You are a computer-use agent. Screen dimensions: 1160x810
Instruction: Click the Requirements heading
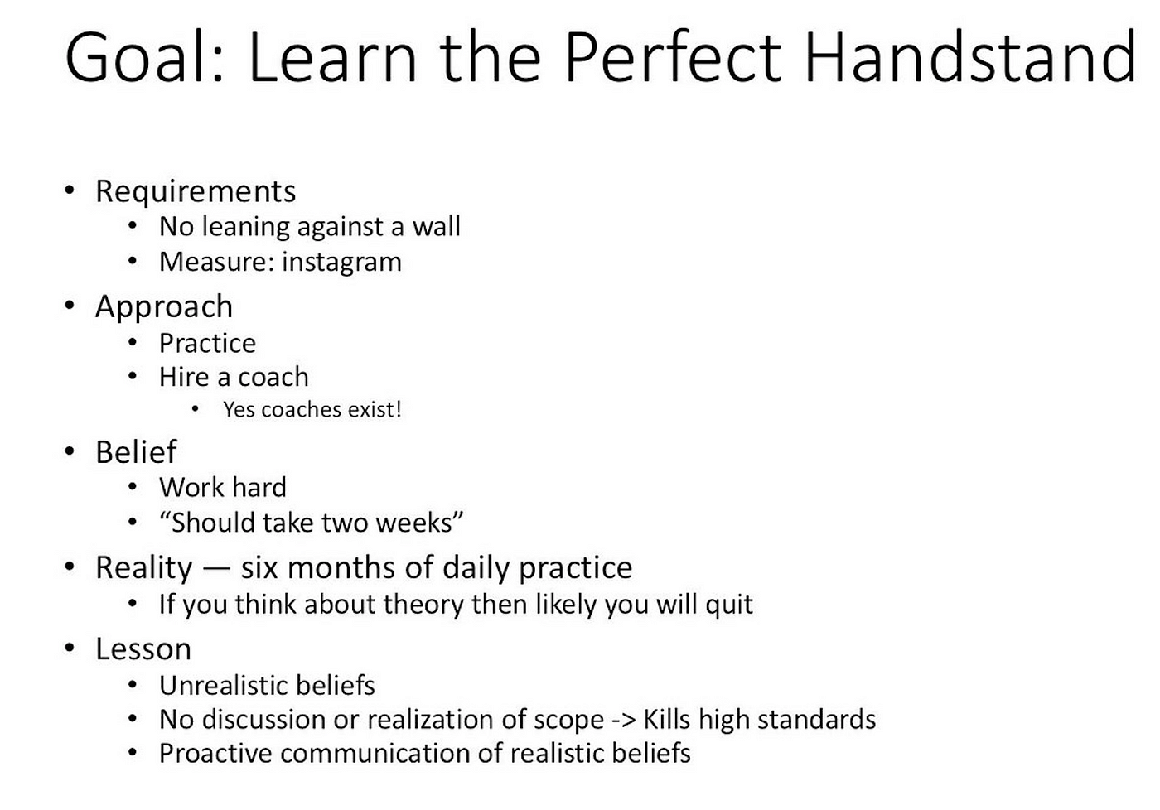(x=196, y=192)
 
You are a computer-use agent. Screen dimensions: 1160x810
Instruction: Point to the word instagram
(x=341, y=263)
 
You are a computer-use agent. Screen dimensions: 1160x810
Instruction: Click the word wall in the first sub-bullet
(x=436, y=227)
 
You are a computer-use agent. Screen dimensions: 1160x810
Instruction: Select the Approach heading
(x=164, y=307)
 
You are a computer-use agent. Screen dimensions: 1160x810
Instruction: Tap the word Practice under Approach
(x=208, y=343)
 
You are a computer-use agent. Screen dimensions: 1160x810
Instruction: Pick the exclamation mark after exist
(x=399, y=409)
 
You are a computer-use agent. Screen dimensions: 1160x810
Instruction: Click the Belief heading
(x=136, y=452)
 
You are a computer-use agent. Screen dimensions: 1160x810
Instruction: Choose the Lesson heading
(x=143, y=649)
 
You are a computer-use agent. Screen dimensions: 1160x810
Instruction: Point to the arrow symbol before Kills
(x=623, y=721)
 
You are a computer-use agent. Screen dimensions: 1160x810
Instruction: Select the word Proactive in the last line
(x=215, y=754)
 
